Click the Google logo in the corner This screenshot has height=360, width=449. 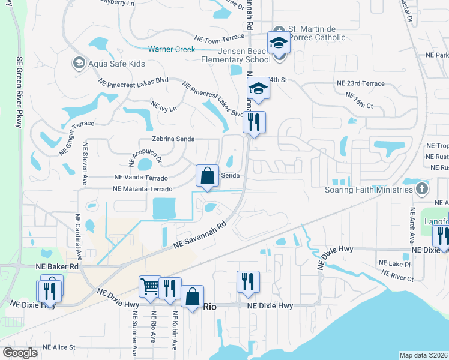(20, 353)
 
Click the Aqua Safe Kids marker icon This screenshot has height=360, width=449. (79, 62)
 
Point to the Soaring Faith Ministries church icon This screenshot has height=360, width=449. (422, 190)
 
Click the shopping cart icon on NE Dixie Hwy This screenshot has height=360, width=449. (149, 286)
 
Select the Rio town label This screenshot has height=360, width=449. (209, 306)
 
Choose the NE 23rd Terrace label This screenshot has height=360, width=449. (360, 83)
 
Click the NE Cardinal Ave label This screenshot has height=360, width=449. (77, 238)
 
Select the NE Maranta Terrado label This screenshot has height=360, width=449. (143, 189)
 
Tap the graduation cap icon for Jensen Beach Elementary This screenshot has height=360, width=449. (279, 43)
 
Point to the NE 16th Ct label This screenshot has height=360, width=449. (360, 100)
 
